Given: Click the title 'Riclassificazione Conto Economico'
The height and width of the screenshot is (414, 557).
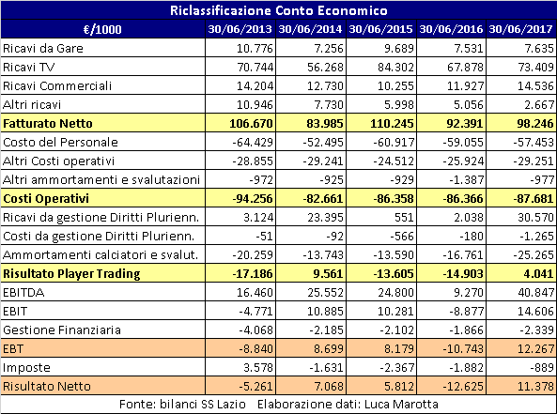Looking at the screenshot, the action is (x=278, y=10).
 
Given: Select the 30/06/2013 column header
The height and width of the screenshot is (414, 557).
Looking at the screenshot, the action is (x=240, y=29).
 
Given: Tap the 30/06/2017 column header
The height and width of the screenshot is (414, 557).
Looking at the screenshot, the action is (x=520, y=29).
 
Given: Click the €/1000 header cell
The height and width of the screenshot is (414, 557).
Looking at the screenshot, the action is (x=102, y=29).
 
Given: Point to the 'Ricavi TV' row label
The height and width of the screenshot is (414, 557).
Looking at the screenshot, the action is (x=28, y=67).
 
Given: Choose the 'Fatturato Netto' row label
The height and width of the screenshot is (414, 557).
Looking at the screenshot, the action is (x=48, y=123).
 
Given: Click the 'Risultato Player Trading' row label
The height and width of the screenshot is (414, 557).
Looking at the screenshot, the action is (x=71, y=274).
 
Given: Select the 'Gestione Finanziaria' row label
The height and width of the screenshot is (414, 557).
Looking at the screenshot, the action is (x=62, y=330).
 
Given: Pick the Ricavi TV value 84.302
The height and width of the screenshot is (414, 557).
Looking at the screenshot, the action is (x=395, y=67).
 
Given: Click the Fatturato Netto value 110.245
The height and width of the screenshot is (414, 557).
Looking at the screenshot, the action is (x=392, y=123).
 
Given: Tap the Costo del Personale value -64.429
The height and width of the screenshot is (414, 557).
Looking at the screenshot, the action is (x=253, y=142).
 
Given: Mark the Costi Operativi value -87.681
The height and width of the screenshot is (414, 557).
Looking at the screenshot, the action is (x=534, y=198).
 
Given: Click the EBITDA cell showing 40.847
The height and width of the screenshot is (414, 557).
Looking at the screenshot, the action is (x=536, y=292).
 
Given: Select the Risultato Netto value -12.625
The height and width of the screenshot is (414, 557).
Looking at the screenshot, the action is (x=463, y=386).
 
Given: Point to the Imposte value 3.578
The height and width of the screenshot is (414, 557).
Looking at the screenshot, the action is (x=258, y=367).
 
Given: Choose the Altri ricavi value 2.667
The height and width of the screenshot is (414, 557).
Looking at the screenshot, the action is (x=539, y=104).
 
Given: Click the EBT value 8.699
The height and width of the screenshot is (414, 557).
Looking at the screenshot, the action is (x=329, y=348).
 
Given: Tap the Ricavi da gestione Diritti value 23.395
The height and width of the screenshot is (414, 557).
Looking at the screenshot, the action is (x=325, y=217).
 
